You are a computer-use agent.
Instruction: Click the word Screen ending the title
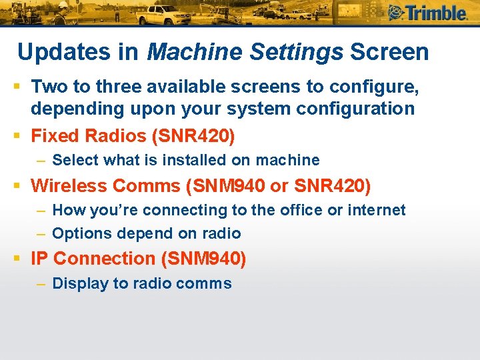(389, 52)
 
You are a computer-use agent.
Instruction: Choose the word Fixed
(55, 136)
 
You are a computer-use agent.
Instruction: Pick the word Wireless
(69, 185)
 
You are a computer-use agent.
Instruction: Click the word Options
(82, 234)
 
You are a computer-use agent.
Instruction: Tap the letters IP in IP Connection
(39, 259)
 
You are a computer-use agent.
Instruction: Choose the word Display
(81, 283)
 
